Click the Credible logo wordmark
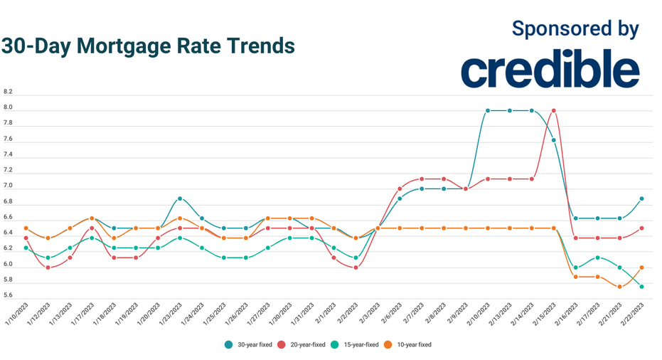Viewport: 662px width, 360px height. point(550,70)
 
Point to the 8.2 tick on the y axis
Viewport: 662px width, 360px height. point(8,92)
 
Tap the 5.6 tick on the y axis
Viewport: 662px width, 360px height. point(8,296)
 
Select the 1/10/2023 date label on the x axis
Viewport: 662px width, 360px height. point(18,314)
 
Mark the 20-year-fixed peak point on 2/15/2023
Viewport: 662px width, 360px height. point(553,110)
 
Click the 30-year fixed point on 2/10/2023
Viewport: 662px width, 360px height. point(488,110)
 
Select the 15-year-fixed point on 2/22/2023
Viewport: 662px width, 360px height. point(641,287)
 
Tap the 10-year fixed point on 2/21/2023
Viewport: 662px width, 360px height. point(619,287)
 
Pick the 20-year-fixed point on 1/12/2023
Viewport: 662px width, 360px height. point(48,268)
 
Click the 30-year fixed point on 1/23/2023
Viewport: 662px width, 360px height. point(180,198)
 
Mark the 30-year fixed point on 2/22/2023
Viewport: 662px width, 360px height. point(641,198)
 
